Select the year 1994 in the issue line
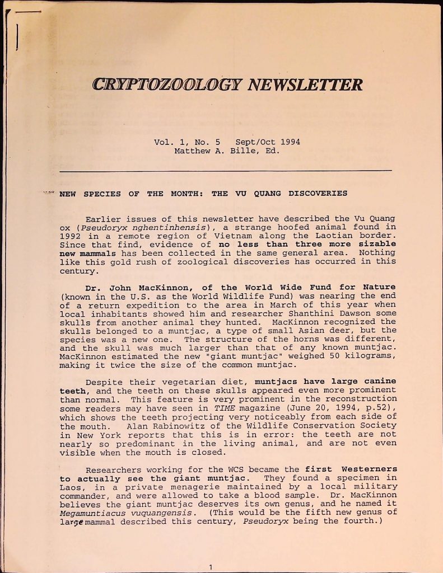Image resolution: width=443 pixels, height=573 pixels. (290, 142)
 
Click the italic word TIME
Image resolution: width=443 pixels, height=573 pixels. (220, 408)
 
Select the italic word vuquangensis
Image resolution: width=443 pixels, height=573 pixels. (164, 513)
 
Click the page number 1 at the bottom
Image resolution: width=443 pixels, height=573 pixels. (211, 567)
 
